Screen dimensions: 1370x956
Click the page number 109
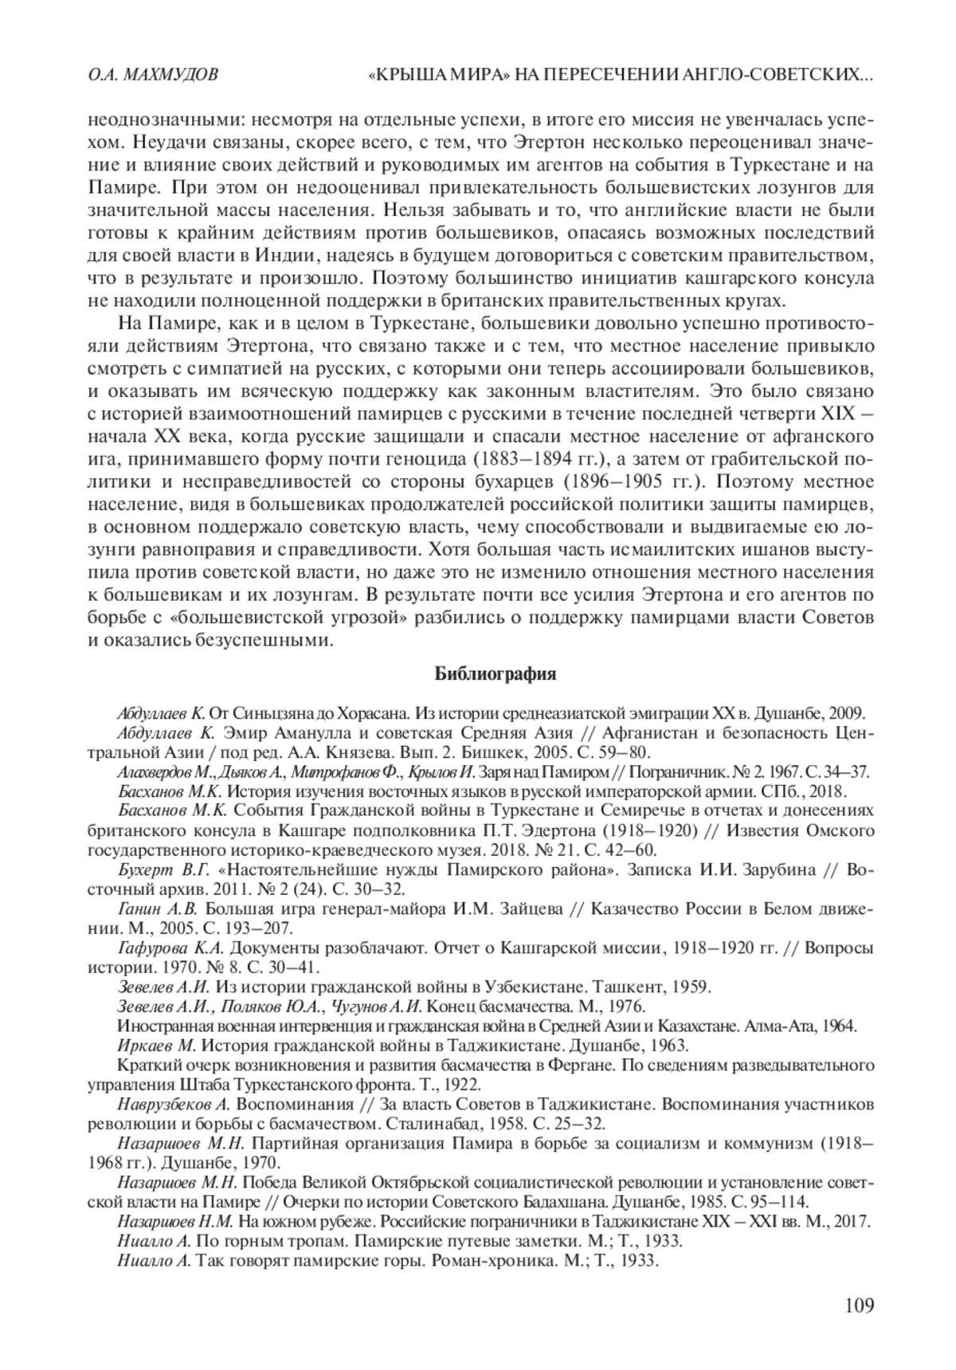(x=859, y=1305)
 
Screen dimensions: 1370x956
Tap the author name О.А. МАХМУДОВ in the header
(x=151, y=77)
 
